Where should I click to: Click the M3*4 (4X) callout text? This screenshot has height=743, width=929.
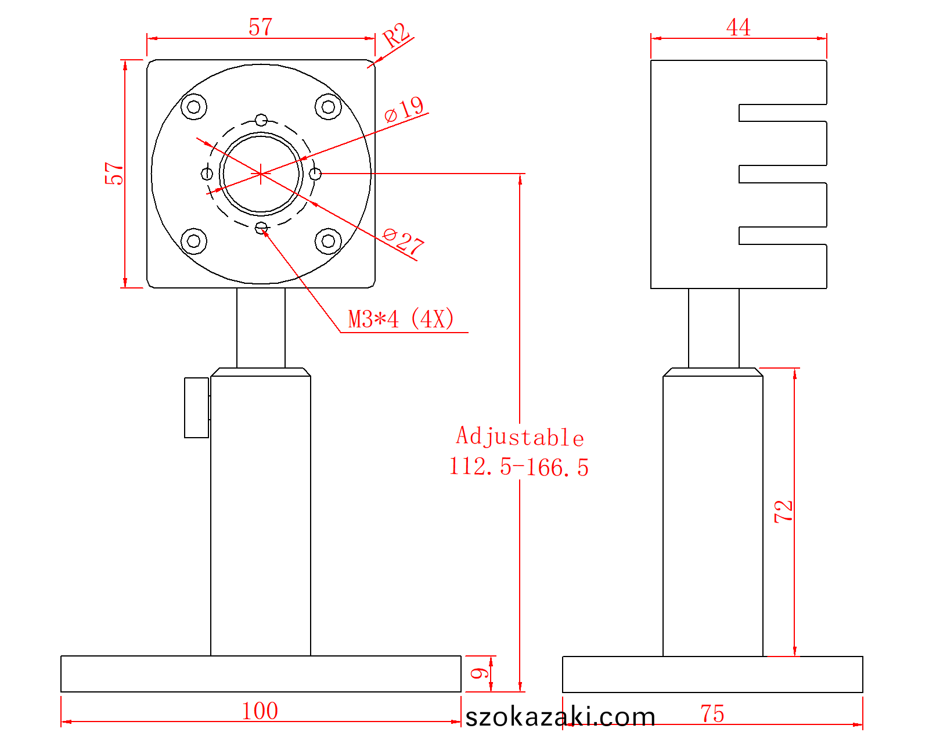[401, 319]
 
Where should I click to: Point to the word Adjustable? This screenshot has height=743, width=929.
[520, 437]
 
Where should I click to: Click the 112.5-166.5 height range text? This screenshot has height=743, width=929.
[519, 467]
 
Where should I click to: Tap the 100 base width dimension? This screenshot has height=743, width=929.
[260, 710]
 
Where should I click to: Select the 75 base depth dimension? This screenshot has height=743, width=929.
[712, 713]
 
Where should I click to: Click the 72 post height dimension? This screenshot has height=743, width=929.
[783, 511]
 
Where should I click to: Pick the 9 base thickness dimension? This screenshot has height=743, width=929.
[480, 673]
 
